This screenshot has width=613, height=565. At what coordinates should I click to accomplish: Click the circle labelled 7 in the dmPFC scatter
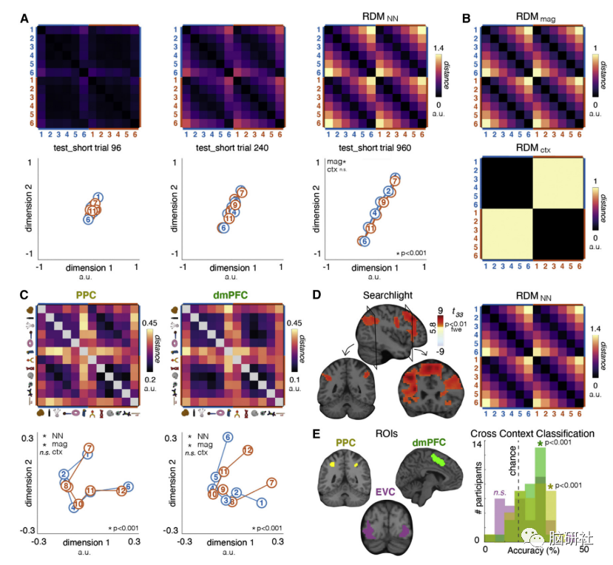click(x=271, y=483)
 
